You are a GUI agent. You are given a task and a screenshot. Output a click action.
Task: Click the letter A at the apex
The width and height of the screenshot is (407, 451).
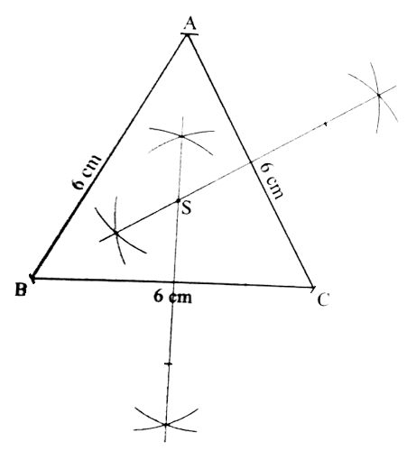[x=190, y=23]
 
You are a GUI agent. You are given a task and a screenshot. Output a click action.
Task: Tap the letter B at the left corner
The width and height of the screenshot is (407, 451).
[x=21, y=290]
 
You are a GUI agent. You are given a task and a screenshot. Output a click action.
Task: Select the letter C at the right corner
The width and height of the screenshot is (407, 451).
[x=323, y=299]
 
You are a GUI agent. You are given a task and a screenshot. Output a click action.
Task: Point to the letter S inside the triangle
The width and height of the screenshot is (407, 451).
[x=187, y=207]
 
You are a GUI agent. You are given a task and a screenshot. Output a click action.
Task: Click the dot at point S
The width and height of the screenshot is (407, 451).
[x=178, y=200]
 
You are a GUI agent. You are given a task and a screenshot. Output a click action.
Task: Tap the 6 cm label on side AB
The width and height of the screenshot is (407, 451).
[x=87, y=172]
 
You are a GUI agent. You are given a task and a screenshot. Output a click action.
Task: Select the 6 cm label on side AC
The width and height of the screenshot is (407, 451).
[x=272, y=180]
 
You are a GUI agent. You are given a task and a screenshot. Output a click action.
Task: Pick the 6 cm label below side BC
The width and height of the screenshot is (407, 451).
[x=172, y=297]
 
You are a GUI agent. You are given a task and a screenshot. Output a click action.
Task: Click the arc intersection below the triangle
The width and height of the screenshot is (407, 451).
[x=166, y=424]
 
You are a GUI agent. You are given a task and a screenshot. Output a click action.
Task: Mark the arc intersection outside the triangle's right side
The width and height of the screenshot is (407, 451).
[x=378, y=96]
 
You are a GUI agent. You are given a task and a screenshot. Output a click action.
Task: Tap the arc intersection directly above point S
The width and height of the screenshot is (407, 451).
[x=181, y=136]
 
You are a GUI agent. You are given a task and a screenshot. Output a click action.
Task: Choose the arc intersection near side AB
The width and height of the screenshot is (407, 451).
[x=116, y=233]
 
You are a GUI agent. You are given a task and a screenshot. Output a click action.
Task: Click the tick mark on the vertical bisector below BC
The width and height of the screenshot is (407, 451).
[x=169, y=364]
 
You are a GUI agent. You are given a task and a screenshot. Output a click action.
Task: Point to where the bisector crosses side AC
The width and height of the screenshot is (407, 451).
[x=251, y=162]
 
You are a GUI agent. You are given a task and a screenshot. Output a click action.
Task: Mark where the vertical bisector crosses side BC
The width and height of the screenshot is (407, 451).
[x=174, y=282]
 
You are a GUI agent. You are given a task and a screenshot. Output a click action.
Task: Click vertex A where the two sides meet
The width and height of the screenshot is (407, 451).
[x=188, y=35]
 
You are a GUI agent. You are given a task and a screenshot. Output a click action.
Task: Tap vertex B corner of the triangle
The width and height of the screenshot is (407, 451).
[x=32, y=278]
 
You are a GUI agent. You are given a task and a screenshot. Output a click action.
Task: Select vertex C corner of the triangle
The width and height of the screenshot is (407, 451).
[x=313, y=287]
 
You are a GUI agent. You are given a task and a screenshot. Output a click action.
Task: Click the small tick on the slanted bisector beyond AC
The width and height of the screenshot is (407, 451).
[x=326, y=124]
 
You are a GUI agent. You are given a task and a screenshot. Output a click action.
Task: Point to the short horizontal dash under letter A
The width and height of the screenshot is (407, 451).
[x=190, y=34]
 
